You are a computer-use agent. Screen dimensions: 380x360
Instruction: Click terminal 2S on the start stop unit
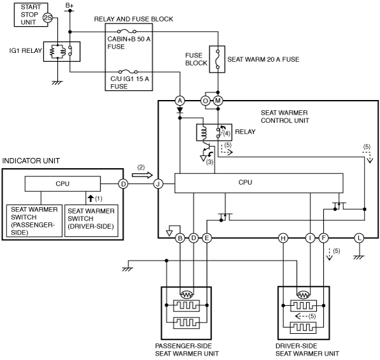(x=48, y=18)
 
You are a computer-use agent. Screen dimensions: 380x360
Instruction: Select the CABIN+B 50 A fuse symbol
(x=127, y=31)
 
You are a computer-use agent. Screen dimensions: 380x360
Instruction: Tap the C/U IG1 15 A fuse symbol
(x=128, y=72)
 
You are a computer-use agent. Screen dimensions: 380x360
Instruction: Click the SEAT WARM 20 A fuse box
(x=217, y=59)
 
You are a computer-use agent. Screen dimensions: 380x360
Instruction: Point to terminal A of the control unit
(x=180, y=101)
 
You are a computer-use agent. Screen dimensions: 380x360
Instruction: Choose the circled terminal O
(x=206, y=101)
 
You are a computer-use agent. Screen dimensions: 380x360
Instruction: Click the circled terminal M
(x=218, y=101)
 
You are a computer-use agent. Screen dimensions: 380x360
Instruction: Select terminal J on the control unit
(x=158, y=184)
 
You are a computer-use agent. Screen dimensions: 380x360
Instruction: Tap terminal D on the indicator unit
(x=123, y=184)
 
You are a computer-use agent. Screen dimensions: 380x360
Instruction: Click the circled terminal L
(x=359, y=238)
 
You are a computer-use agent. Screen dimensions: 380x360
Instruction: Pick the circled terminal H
(x=283, y=238)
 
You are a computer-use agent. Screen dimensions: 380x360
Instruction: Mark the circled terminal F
(x=323, y=238)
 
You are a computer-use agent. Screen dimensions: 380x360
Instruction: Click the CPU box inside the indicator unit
(x=62, y=184)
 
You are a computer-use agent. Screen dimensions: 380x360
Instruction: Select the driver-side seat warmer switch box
(x=92, y=220)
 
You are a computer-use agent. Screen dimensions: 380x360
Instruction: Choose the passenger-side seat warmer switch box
(x=34, y=220)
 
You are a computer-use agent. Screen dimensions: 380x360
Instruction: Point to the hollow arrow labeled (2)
(x=142, y=175)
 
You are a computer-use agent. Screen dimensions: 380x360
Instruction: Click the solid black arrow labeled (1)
(x=90, y=198)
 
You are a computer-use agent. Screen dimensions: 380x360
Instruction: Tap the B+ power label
(x=69, y=5)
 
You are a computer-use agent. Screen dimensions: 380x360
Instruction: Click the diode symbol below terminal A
(x=180, y=111)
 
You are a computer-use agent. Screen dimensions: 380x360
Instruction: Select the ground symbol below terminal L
(x=359, y=257)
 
